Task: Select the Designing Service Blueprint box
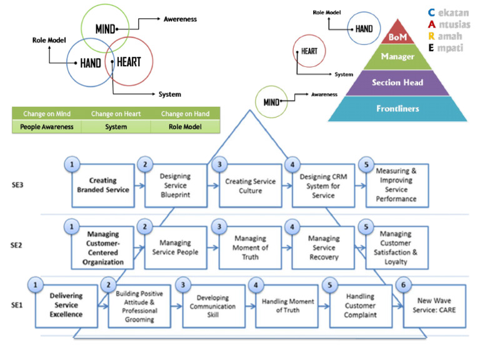point(175,186)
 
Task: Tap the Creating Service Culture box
point(250,186)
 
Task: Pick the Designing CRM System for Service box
point(323,186)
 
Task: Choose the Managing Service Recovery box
point(323,247)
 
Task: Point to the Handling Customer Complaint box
point(359,306)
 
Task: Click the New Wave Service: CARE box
point(434,306)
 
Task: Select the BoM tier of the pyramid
point(398,37)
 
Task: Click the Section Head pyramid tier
point(397,82)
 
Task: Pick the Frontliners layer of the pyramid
point(397,109)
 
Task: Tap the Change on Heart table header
point(116,114)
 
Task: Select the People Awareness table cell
point(47,127)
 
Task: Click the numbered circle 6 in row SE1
point(404,284)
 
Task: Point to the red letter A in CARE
point(431,24)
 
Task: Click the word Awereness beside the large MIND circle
point(180,19)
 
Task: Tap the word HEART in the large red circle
point(129,62)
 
